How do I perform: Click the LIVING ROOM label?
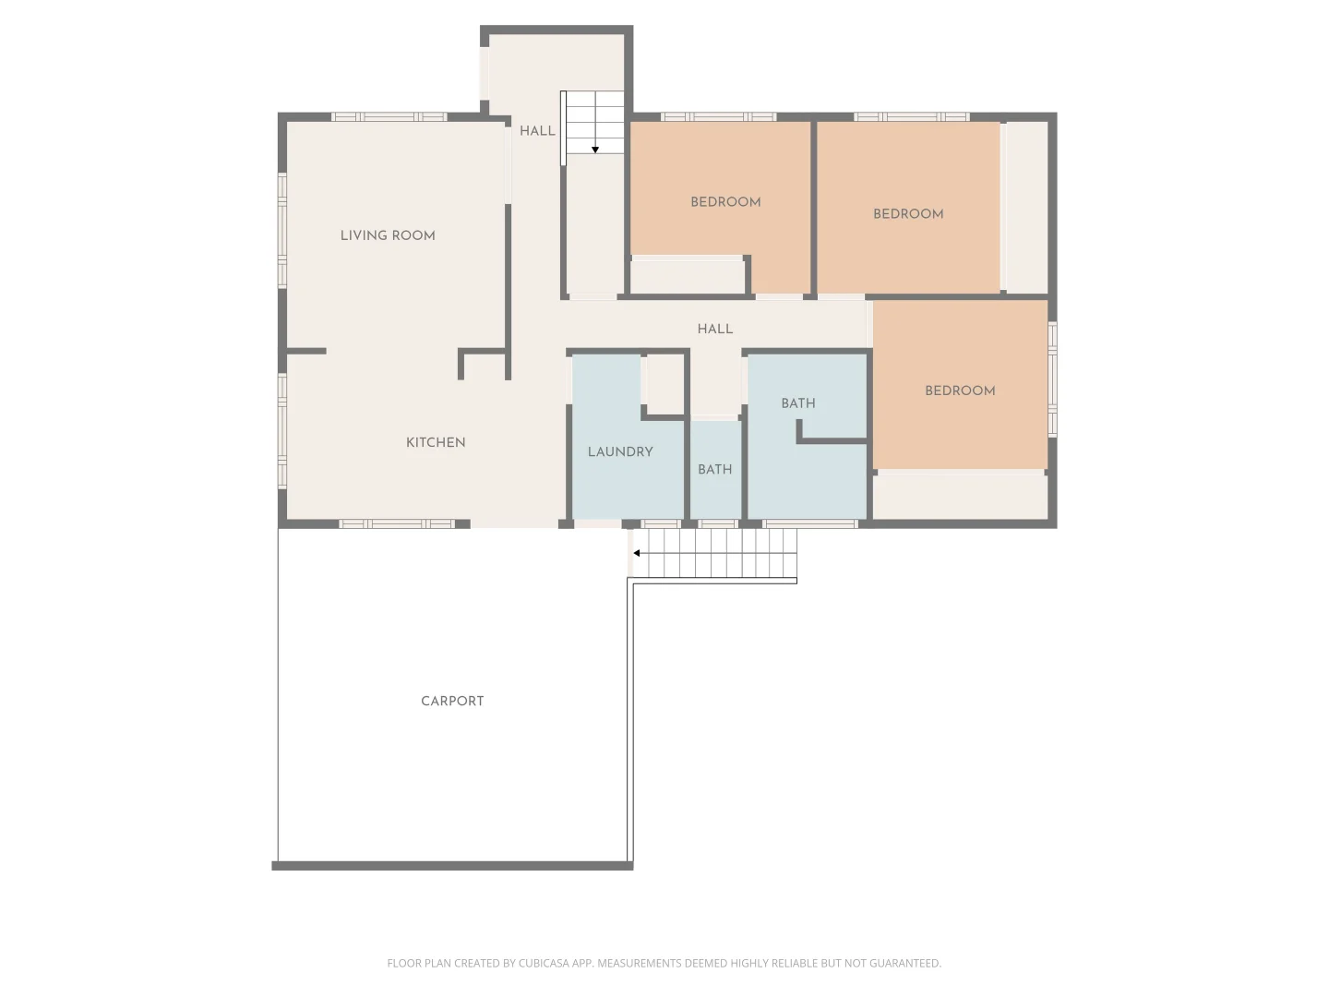[388, 235]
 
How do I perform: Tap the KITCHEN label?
[436, 442]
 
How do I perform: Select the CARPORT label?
[452, 701]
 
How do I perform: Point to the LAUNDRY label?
[620, 451]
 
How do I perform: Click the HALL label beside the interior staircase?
[537, 131]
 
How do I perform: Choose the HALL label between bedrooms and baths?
[715, 329]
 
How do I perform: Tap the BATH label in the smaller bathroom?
[714, 469]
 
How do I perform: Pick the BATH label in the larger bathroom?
[798, 403]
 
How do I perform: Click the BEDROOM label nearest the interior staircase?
[725, 202]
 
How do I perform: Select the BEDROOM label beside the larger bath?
[960, 391]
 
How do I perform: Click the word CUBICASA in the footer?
[543, 963]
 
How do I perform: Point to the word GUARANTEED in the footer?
[905, 963]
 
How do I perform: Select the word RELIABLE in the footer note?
[793, 963]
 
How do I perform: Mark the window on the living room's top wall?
[389, 117]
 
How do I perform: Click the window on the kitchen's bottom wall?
[397, 523]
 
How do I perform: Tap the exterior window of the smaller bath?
[718, 523]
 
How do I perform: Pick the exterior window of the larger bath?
[809, 523]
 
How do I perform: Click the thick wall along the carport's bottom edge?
[452, 866]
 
